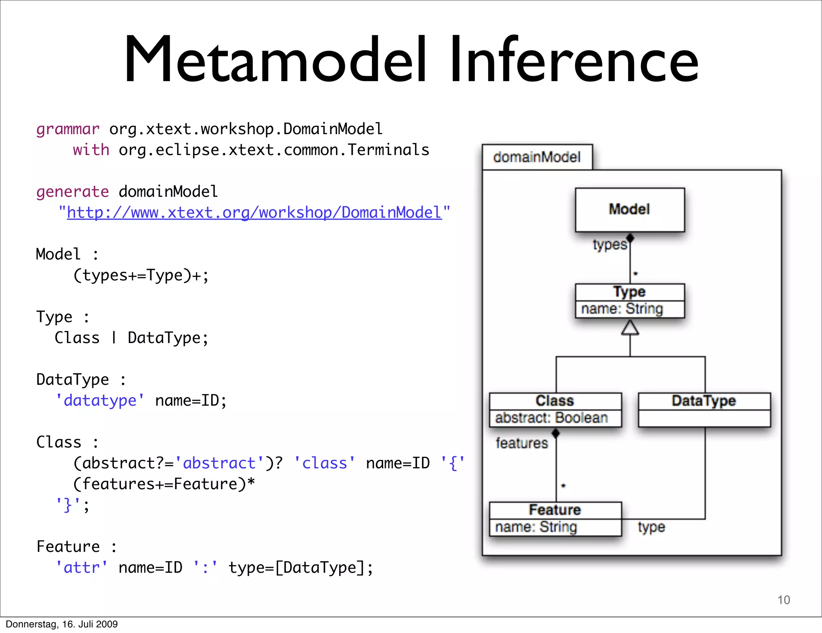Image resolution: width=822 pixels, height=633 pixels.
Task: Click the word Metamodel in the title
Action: [x=275, y=60]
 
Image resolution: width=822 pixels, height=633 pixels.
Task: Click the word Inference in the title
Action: [x=574, y=60]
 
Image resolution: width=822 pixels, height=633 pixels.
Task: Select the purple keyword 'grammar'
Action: [x=67, y=129]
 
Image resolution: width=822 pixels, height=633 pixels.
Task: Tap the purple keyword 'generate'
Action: [x=72, y=192]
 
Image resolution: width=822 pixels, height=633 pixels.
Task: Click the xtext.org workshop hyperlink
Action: [x=254, y=213]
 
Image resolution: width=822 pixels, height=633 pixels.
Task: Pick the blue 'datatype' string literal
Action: [x=100, y=401]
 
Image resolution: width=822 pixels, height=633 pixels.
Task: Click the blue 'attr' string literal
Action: [x=82, y=568]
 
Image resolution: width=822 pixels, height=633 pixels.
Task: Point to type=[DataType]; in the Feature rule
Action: [x=301, y=568]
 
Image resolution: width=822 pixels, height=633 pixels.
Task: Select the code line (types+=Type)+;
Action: [x=141, y=276]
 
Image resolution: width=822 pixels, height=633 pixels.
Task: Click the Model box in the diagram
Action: [x=629, y=210]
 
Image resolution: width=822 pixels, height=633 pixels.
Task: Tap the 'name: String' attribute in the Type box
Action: [x=622, y=309]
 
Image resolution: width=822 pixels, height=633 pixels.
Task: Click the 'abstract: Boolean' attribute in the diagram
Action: [x=551, y=418]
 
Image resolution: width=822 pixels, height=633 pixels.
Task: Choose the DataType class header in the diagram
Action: [x=704, y=401]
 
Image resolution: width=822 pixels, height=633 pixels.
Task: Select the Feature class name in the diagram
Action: [x=555, y=510]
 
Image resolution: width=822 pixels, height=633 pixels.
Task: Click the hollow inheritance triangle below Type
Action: [x=630, y=328]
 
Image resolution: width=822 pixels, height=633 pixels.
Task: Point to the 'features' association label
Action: [x=521, y=443]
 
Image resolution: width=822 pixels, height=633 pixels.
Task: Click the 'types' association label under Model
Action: [x=609, y=245]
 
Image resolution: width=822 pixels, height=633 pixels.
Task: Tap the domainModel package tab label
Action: [x=537, y=157]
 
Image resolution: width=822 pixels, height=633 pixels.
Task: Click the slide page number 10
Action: [x=783, y=600]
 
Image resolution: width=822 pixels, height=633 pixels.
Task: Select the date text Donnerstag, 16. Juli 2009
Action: [x=62, y=624]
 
